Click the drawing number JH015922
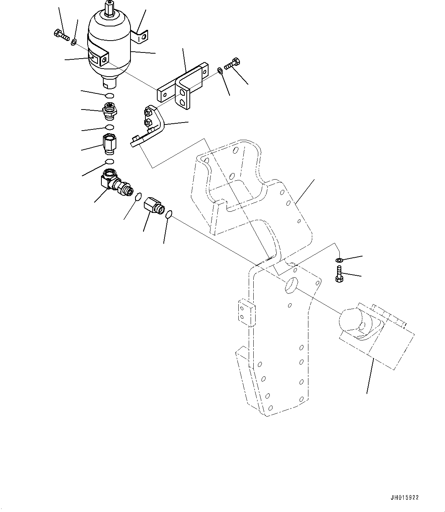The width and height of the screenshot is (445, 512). point(405,498)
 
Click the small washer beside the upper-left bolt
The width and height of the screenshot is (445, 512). point(73,41)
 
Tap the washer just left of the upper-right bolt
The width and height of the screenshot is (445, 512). point(219,70)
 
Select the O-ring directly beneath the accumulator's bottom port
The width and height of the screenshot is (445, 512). point(109,95)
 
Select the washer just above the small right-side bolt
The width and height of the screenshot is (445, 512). point(339,261)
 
